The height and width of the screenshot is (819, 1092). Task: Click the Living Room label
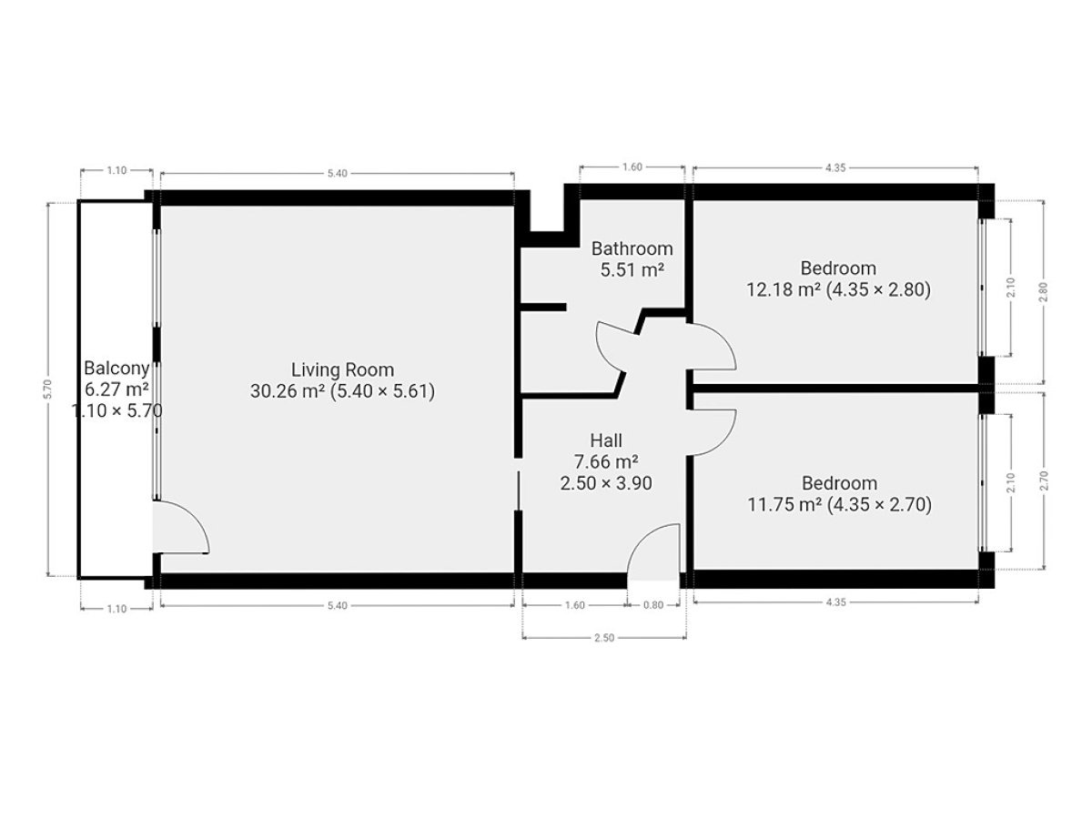pyautogui.click(x=342, y=370)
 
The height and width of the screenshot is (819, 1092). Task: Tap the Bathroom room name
pyautogui.click(x=632, y=248)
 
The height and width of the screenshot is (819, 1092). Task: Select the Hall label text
pyautogui.click(x=606, y=440)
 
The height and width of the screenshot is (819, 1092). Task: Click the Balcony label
pyautogui.click(x=116, y=368)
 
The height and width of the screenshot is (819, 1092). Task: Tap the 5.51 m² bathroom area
pyautogui.click(x=632, y=270)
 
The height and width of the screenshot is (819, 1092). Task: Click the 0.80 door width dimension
pyautogui.click(x=653, y=605)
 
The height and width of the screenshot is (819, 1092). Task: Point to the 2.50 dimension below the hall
pyautogui.click(x=604, y=638)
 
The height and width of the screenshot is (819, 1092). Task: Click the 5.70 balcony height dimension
pyautogui.click(x=47, y=389)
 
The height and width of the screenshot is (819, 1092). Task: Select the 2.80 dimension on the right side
pyautogui.click(x=1043, y=292)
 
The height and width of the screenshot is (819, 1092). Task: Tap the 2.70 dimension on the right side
pyautogui.click(x=1044, y=480)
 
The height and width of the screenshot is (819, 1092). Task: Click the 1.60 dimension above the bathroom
pyautogui.click(x=632, y=167)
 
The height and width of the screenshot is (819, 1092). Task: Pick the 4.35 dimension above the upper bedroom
pyautogui.click(x=835, y=168)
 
